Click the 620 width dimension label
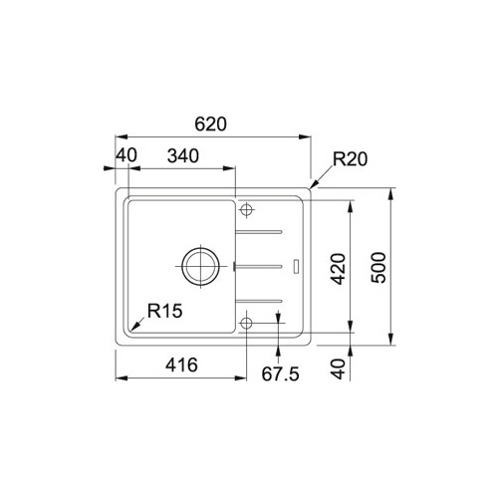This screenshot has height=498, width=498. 210,124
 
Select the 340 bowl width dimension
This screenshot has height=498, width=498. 183,155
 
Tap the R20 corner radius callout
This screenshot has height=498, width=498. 350,159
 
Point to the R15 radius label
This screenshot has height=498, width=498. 165,311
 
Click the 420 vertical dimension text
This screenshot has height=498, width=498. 339,269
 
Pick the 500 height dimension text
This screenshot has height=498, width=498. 378,268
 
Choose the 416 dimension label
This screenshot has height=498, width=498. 181,365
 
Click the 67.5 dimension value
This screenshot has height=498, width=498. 280,373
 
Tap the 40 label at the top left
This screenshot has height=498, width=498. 126,155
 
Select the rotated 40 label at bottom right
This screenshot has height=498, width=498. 339,369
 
